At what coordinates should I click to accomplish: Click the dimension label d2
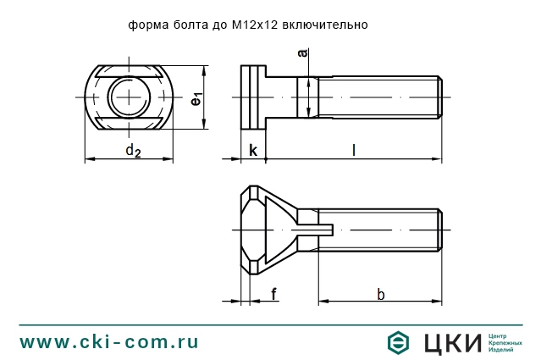point(132,151)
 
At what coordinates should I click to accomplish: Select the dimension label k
point(252,150)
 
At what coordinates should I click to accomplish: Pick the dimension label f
point(273,294)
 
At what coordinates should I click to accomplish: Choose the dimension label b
point(380,294)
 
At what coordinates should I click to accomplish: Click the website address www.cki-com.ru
point(108,341)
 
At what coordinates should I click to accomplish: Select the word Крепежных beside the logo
point(506,342)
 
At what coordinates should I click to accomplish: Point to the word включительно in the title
point(328,25)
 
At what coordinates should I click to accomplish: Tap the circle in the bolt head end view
point(130,97)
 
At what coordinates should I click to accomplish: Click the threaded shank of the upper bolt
point(377,97)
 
